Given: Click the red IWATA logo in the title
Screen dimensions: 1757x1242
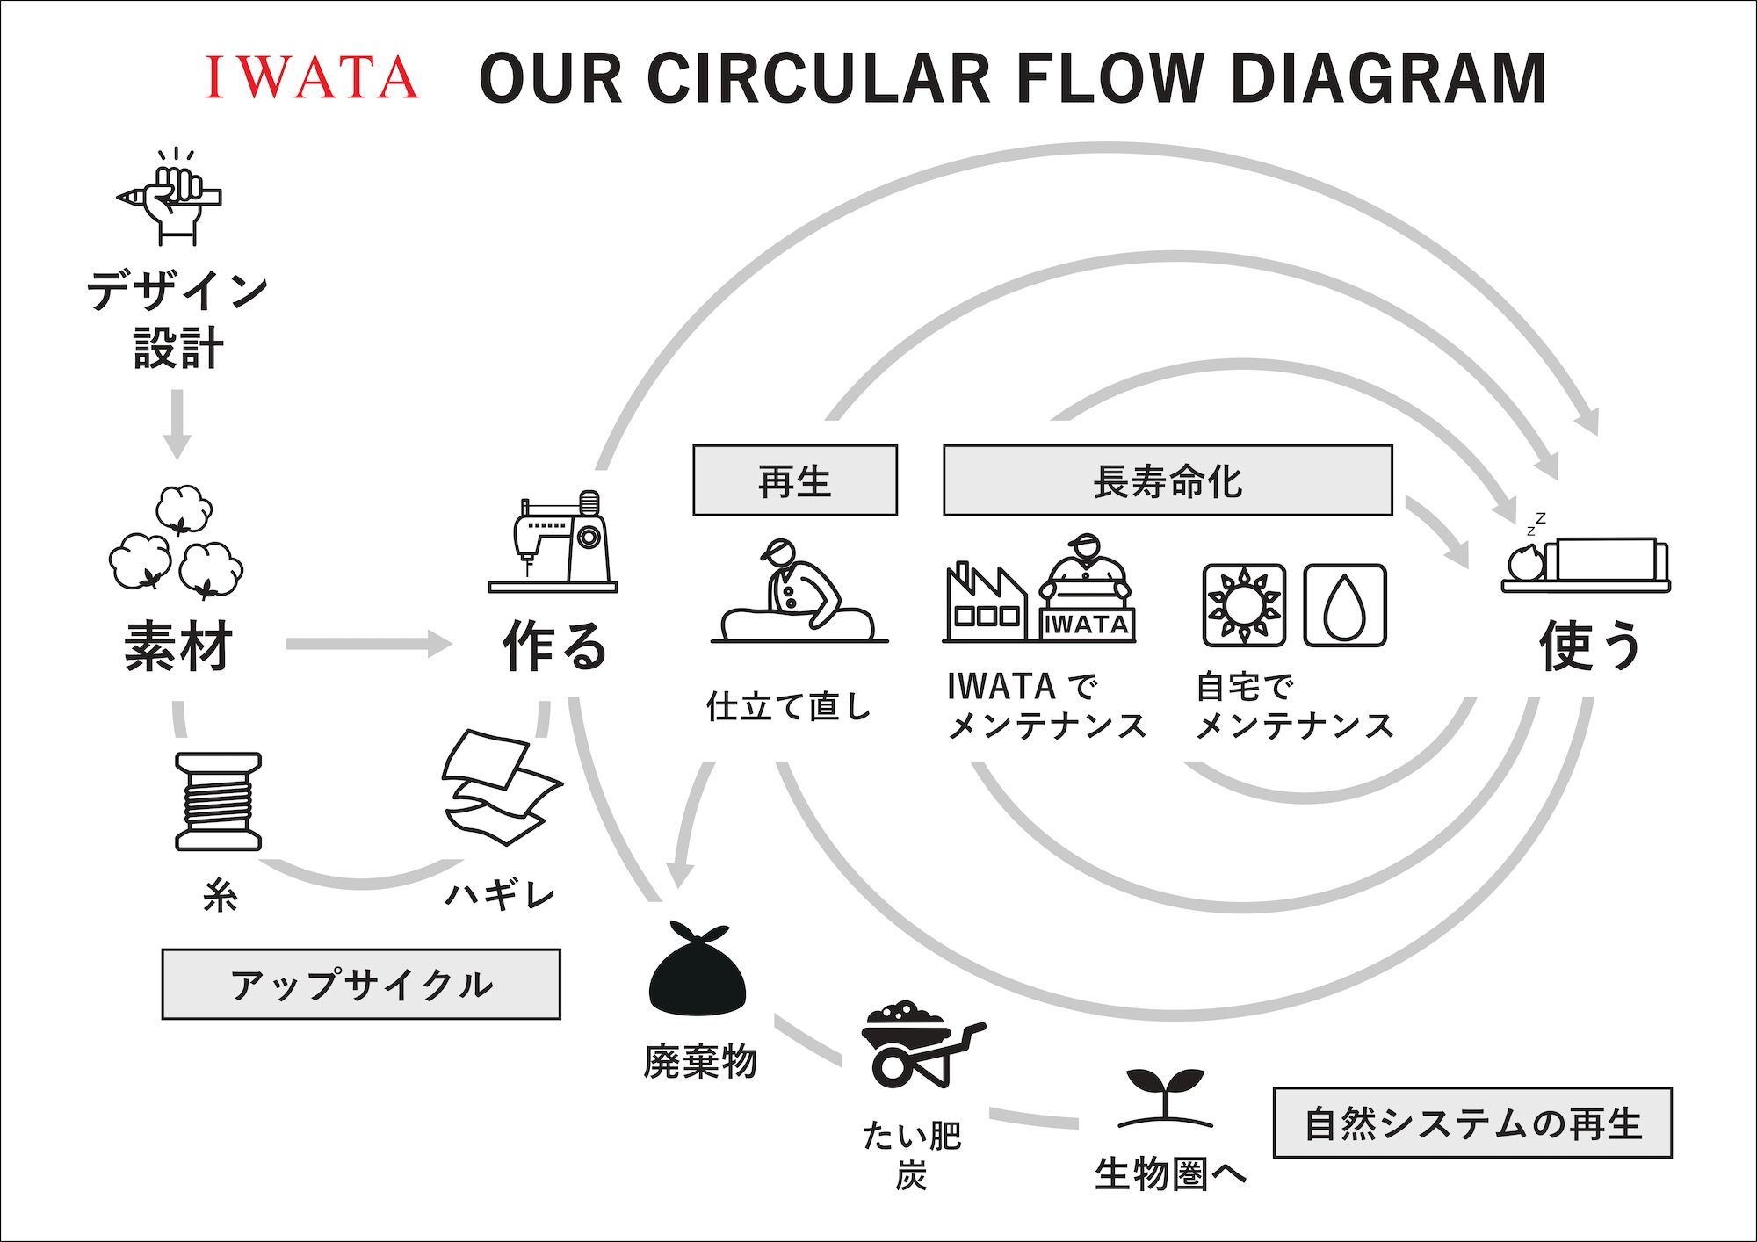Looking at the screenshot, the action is pos(312,77).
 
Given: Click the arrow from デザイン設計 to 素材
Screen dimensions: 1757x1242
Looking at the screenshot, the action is pos(177,424).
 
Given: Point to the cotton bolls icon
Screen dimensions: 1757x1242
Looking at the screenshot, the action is pos(177,542).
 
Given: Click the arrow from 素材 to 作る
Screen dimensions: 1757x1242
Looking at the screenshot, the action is pos(369,644).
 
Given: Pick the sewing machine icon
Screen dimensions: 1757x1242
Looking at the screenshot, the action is pos(553,542).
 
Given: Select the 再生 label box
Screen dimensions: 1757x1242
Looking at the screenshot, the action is pos(795,480).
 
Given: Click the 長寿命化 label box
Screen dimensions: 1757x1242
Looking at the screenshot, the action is pos(1168,480).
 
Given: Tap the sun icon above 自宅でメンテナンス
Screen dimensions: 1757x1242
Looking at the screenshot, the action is pos(1244,606).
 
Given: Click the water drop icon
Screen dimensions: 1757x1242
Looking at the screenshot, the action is pos(1345,606).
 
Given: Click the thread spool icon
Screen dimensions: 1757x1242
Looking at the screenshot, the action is pos(219,801).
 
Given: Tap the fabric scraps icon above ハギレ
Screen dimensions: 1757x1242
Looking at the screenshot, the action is pos(503,787).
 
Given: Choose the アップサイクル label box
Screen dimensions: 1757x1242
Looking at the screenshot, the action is pos(361,984).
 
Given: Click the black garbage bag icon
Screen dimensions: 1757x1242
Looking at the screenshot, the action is pos(698,969).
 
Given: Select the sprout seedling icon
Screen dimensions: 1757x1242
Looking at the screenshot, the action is pos(1165,1098).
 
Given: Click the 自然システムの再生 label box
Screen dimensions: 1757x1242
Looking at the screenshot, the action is pos(1472,1123).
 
